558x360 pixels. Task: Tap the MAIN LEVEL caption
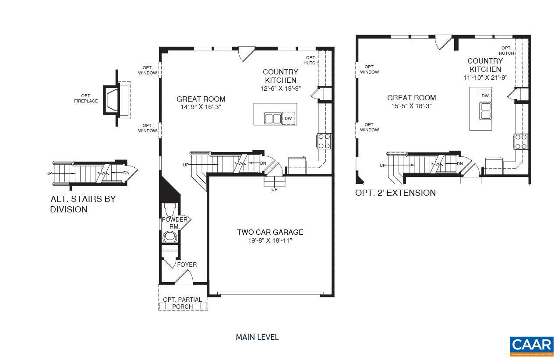[257, 337]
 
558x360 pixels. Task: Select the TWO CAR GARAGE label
[270, 232]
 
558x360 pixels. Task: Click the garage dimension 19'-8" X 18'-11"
[270, 240]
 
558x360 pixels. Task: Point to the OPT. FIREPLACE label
[86, 99]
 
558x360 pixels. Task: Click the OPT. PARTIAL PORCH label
[183, 303]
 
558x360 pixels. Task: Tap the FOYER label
[187, 265]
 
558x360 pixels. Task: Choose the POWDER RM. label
[175, 222]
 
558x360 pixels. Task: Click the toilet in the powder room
[169, 208]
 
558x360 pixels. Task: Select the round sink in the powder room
[169, 237]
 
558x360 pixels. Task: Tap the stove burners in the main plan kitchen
[324, 141]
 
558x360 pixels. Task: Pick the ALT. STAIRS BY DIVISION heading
[83, 204]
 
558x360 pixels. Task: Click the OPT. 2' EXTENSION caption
[395, 193]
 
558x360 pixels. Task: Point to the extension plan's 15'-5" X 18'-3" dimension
[411, 106]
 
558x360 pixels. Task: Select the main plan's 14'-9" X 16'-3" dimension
[201, 107]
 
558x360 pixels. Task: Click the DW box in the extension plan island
[485, 95]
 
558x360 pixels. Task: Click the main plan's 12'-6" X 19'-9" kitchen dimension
[280, 88]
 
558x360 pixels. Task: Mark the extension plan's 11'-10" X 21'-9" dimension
[485, 78]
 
